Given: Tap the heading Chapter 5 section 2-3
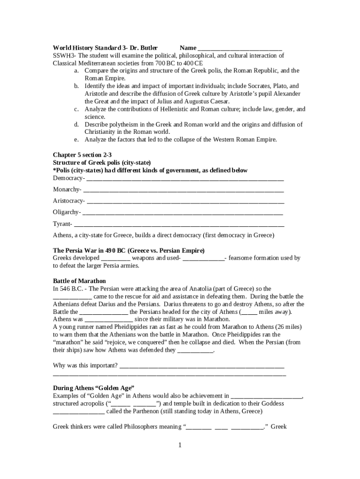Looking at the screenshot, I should pos(82,154).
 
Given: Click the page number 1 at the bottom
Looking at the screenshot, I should pos(180,445).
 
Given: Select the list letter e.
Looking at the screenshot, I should pos(76,139).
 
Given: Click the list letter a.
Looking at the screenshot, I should pos(76,71).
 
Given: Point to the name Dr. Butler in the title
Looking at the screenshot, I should pos(143,48).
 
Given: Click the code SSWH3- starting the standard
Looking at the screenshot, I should pos(63,56).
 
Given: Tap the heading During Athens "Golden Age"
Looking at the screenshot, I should pos(94,388).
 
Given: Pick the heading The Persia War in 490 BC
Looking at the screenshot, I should pos(129,250).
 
